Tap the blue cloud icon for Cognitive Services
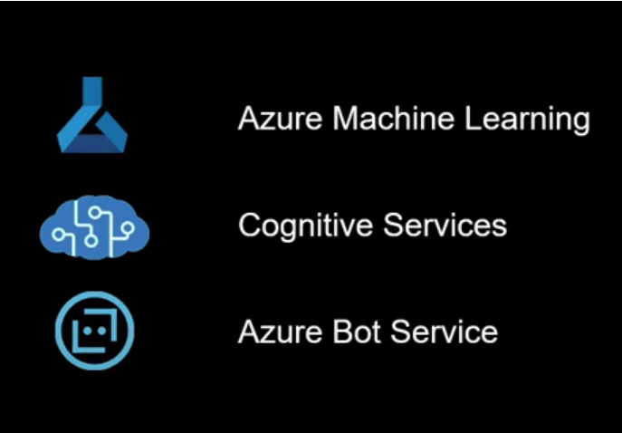[93, 227]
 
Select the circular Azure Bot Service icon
[93, 330]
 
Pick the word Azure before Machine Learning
[271, 119]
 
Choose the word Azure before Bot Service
[271, 332]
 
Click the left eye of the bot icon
[86, 330]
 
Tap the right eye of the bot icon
[100, 330]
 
